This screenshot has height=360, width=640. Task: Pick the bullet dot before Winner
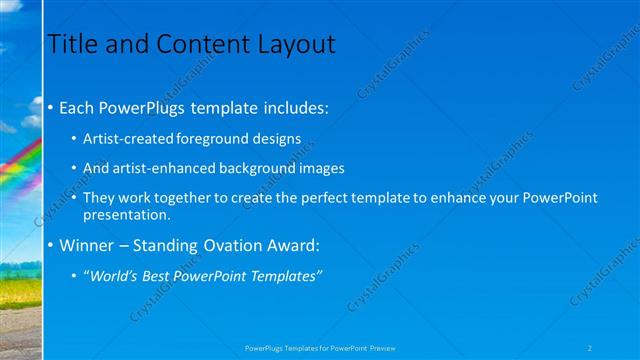pos(51,246)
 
